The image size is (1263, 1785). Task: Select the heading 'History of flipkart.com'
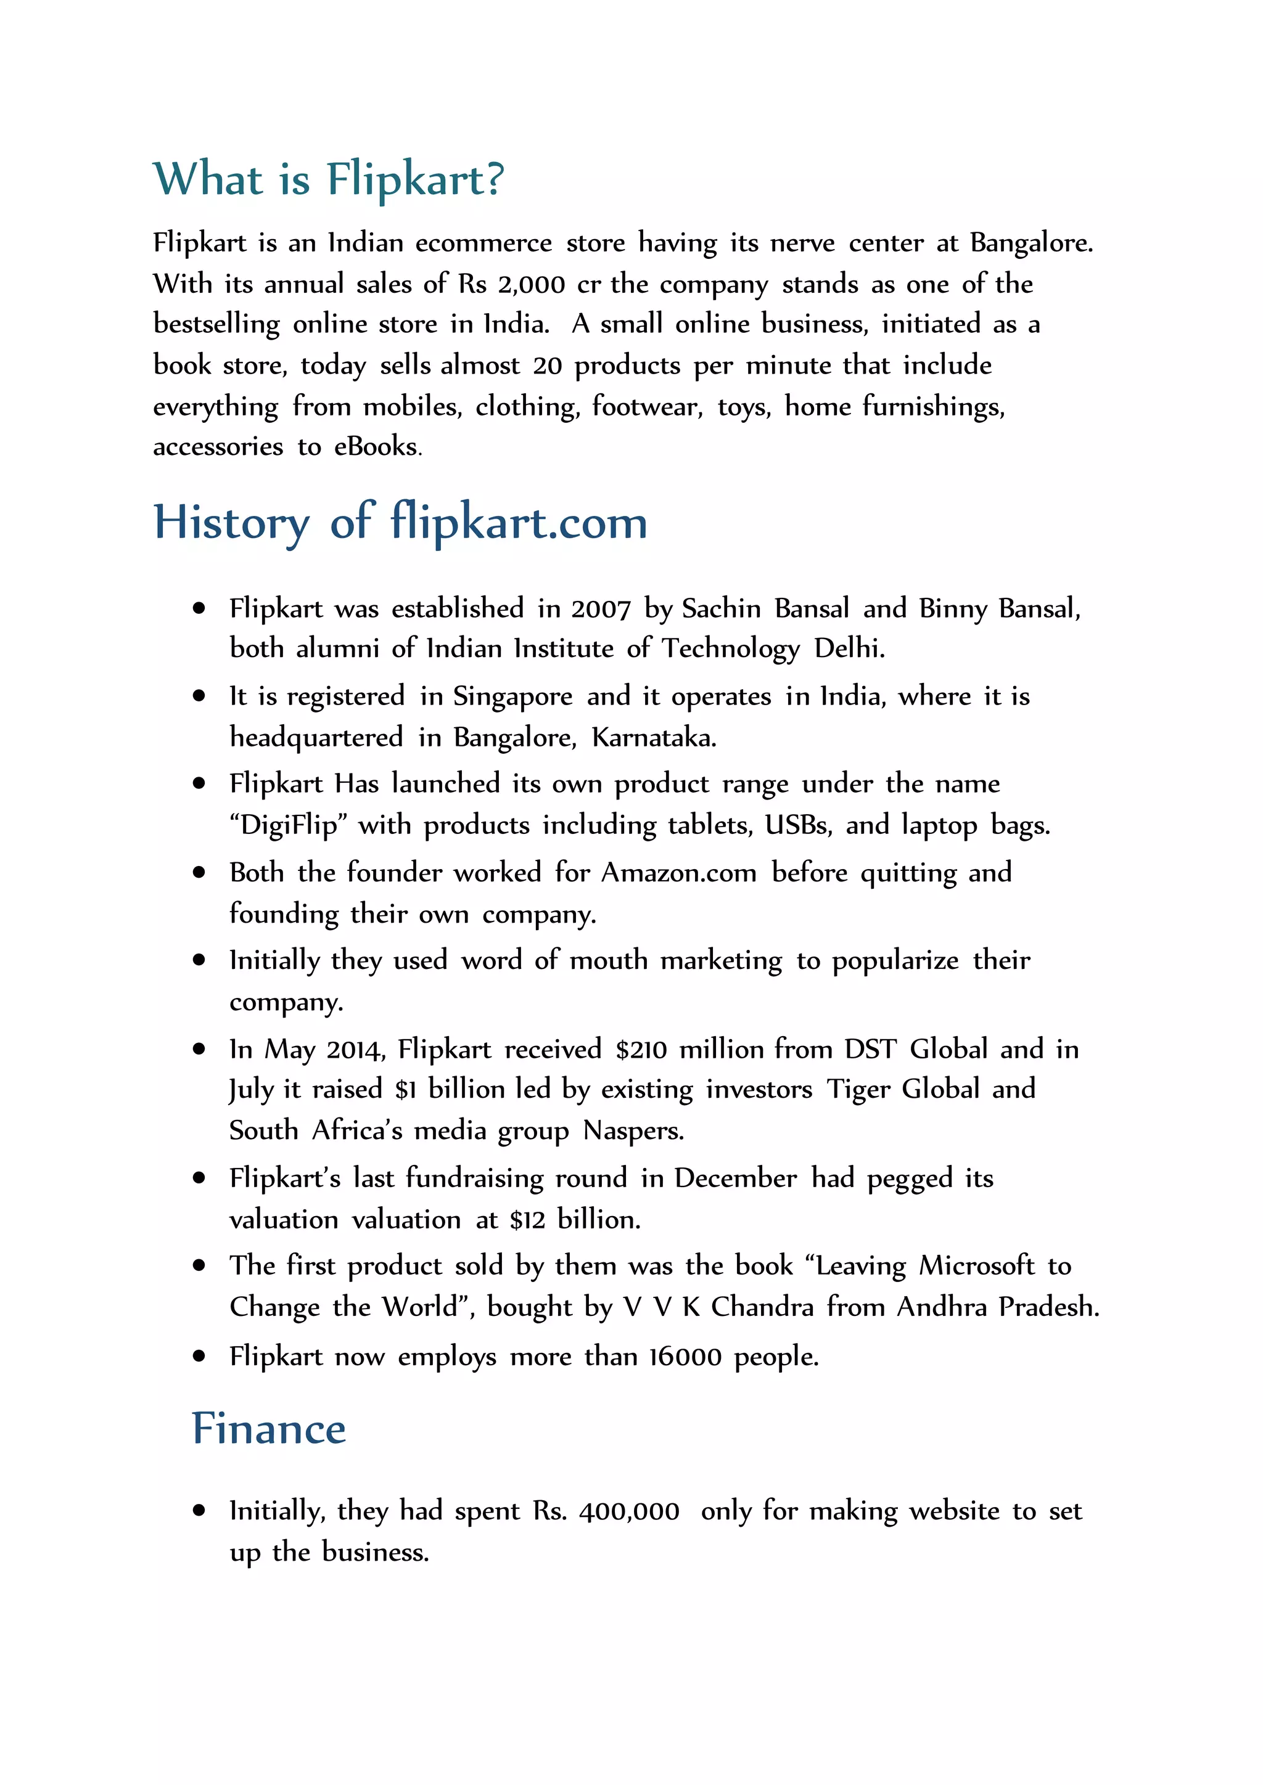[400, 523]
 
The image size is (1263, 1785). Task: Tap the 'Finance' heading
[268, 1429]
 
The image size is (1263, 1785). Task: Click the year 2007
[601, 609]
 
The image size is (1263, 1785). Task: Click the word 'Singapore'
[512, 696]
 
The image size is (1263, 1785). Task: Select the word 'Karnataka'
[653, 737]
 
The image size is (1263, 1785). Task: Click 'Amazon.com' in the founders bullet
[678, 873]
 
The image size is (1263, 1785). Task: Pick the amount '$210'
[641, 1050]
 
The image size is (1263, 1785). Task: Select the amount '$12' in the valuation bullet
[527, 1220]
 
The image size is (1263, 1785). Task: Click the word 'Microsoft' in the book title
[977, 1267]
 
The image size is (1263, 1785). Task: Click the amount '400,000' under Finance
[629, 1511]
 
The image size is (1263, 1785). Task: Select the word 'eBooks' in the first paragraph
[377, 447]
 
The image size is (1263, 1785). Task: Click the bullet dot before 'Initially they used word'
[199, 961]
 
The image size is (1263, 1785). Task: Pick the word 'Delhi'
[849, 648]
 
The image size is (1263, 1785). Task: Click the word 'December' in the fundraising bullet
[735, 1178]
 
